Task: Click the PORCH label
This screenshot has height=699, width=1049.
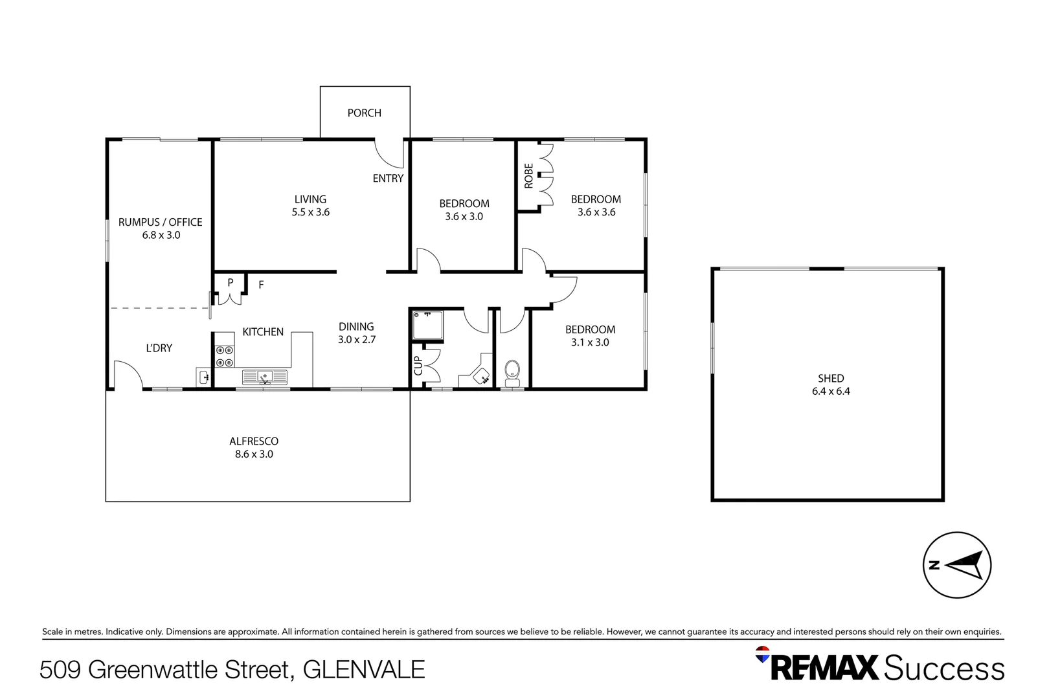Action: tap(364, 113)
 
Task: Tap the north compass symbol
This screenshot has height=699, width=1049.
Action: tap(956, 565)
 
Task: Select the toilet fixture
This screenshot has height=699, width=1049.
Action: tap(512, 372)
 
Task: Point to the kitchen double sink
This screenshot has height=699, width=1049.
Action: tap(264, 377)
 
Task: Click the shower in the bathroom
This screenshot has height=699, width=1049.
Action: tap(427, 326)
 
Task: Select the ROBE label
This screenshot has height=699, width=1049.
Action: tap(528, 176)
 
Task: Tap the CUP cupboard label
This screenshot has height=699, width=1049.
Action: tap(418, 366)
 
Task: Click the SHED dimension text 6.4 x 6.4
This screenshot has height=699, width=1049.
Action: tap(831, 392)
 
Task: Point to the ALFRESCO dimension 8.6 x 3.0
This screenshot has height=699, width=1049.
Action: tap(254, 454)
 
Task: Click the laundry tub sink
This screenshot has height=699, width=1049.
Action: tap(203, 377)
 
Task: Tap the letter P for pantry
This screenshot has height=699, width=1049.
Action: tap(230, 283)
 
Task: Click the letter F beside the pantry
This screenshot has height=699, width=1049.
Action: tap(261, 285)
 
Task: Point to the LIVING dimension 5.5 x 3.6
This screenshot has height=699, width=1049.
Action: tap(310, 212)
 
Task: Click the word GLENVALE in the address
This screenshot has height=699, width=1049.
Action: tap(364, 669)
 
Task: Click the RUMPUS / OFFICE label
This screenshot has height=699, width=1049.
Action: tap(160, 222)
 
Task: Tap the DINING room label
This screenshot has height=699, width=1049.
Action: tap(356, 327)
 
